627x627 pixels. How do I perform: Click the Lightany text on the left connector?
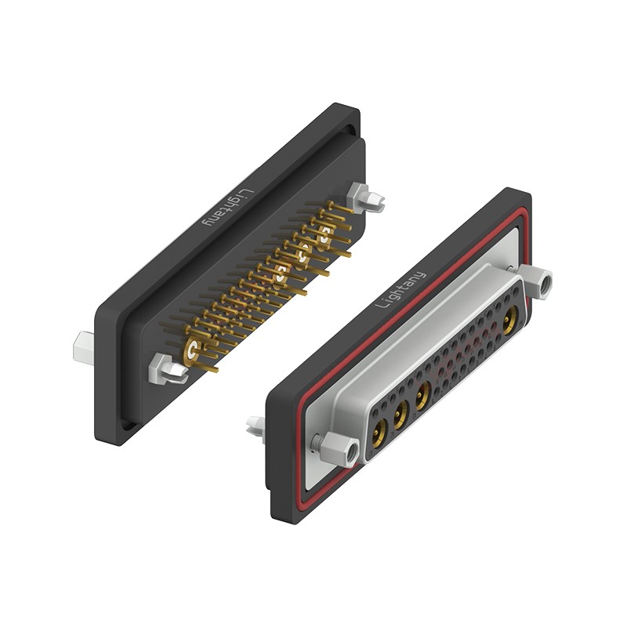click(229, 208)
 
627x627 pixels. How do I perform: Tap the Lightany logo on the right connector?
click(400, 289)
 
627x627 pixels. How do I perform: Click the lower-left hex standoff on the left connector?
click(168, 370)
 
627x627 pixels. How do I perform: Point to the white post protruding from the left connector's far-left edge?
click(84, 347)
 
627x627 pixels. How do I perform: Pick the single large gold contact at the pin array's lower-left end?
click(192, 351)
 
